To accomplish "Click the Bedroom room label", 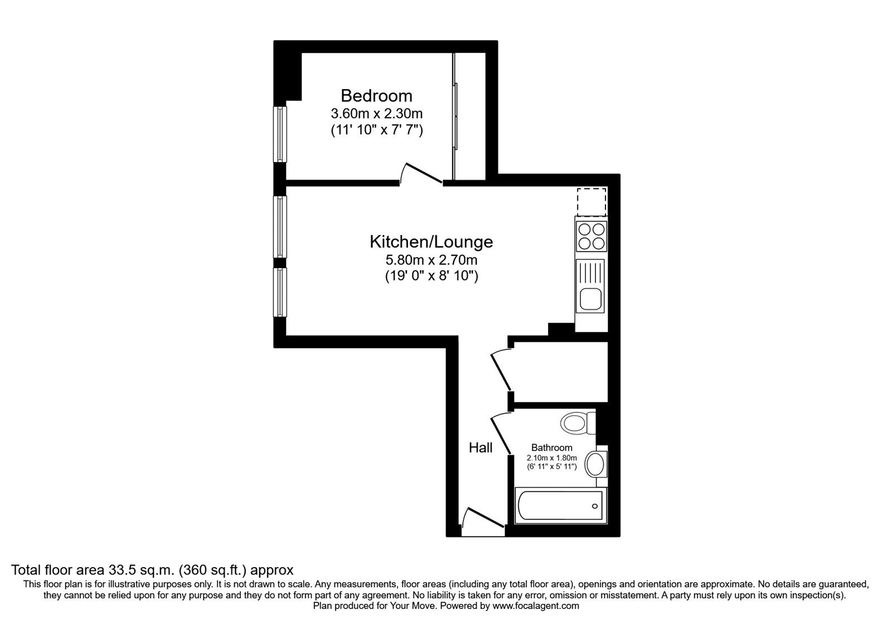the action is (376, 96).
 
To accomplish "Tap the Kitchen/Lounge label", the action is (432, 242).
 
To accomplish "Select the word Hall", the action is (481, 448).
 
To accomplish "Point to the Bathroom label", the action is (551, 448).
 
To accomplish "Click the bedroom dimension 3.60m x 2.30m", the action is (377, 114).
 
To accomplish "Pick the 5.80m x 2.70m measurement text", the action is (432, 260).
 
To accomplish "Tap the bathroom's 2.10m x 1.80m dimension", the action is (551, 458).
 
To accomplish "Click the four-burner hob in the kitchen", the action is (592, 236).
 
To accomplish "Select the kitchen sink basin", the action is (592, 299).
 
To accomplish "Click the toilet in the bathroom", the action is (578, 423).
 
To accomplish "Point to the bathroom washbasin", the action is (596, 464).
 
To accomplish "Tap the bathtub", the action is (560, 506).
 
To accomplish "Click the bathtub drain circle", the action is (595, 506).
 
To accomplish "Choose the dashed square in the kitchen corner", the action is (592, 202).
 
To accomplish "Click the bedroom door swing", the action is (421, 174).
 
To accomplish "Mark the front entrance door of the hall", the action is (484, 521).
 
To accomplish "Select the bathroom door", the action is (501, 433).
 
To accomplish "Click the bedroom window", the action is (279, 134).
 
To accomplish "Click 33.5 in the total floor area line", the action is (122, 570).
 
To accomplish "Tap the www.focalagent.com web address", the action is (536, 606).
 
